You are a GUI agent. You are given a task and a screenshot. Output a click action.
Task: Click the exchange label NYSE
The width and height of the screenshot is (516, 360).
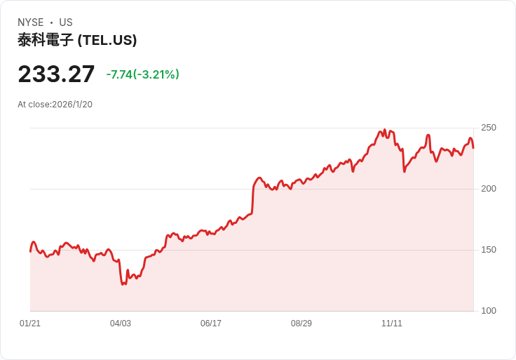[x=31, y=22]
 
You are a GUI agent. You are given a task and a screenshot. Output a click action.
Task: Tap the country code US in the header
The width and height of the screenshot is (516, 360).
[x=66, y=22]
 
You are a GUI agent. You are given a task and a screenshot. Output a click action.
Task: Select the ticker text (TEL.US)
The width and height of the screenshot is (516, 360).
[x=107, y=40]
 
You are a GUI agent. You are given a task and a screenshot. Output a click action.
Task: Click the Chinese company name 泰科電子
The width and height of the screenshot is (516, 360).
[x=46, y=40]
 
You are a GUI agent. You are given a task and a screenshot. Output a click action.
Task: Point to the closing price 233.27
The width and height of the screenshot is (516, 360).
[x=56, y=74]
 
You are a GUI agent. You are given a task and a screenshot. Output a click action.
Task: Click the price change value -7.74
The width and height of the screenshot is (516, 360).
[x=119, y=74]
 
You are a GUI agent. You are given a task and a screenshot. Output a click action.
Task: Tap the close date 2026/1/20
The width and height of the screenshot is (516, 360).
[x=72, y=105]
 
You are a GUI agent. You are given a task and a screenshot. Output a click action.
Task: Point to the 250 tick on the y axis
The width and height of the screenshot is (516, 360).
[x=489, y=128]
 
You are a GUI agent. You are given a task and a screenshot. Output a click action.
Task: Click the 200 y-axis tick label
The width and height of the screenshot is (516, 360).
[x=489, y=189]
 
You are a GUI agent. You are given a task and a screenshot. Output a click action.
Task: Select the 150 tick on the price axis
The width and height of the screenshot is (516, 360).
[x=489, y=250]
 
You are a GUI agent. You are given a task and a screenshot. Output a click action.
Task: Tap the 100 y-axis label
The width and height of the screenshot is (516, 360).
[x=489, y=311]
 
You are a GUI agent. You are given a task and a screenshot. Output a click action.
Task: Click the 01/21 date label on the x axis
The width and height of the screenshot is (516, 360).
[x=30, y=324]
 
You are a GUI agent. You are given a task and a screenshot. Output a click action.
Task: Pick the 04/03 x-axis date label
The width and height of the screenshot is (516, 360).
[x=121, y=324]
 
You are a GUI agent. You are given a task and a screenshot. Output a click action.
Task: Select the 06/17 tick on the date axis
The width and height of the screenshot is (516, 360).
[x=211, y=324]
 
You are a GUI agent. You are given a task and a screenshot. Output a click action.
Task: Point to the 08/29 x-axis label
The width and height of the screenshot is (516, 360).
[x=301, y=324]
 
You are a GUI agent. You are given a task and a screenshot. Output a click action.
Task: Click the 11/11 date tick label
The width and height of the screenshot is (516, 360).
[x=392, y=324]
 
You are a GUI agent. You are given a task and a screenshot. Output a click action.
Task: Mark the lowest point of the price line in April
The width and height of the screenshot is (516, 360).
[x=123, y=284]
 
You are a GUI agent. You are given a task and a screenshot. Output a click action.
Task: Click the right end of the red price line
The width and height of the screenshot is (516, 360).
[x=473, y=147]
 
